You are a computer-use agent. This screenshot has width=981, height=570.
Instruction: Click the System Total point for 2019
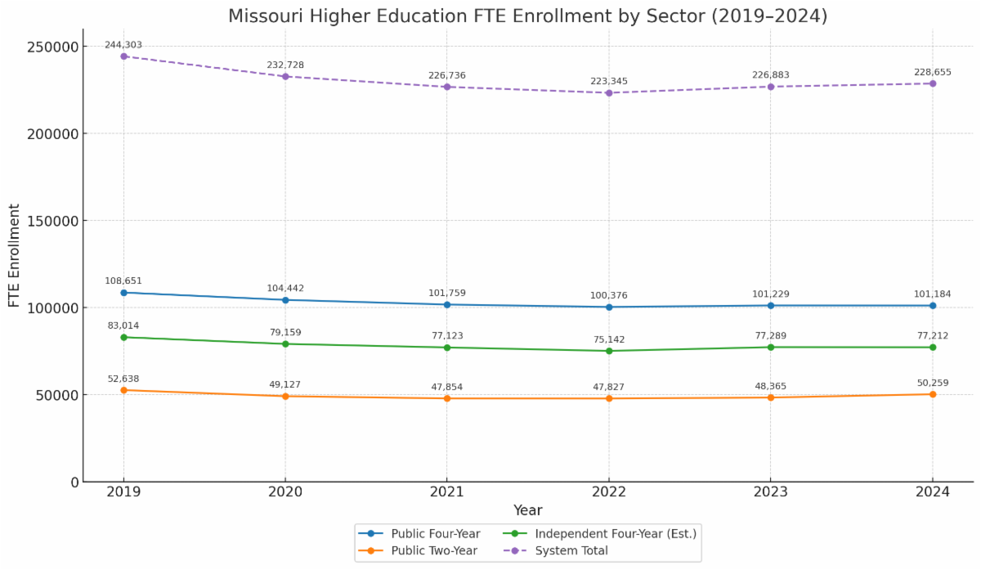(123, 56)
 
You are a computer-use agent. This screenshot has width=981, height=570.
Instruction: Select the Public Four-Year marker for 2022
(609, 307)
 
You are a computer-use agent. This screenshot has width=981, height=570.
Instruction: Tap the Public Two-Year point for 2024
(932, 394)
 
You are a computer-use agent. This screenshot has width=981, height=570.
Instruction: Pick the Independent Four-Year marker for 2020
(285, 344)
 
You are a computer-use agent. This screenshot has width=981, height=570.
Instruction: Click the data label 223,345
(609, 82)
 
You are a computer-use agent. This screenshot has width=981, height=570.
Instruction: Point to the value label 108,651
(123, 281)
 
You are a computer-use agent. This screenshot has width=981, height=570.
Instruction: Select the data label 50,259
(932, 382)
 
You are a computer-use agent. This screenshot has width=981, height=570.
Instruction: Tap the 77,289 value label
(770, 336)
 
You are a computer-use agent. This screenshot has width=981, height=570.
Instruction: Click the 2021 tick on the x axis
(447, 492)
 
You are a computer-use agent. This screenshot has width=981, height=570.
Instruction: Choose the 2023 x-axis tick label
(770, 492)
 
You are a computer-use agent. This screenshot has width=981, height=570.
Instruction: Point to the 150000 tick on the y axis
(55, 221)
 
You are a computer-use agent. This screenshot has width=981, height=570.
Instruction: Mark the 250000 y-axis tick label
(55, 47)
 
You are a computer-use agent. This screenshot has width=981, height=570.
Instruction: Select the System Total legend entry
(571, 551)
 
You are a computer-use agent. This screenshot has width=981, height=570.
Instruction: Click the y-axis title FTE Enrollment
(14, 256)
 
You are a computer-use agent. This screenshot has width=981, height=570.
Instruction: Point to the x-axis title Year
(528, 510)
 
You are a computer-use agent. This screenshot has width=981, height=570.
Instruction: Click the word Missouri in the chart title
(262, 16)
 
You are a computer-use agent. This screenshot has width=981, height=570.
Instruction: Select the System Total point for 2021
(447, 87)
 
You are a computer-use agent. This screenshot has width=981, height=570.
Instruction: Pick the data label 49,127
(285, 384)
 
